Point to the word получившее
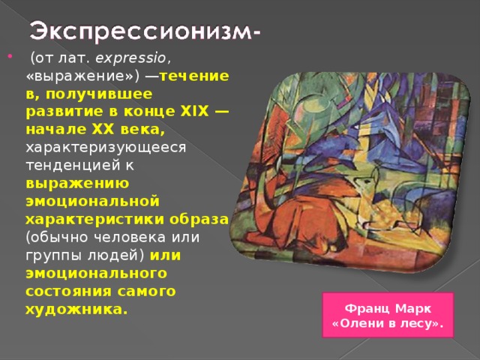[112, 94]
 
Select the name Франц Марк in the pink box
[386, 309]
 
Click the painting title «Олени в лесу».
[386, 323]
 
